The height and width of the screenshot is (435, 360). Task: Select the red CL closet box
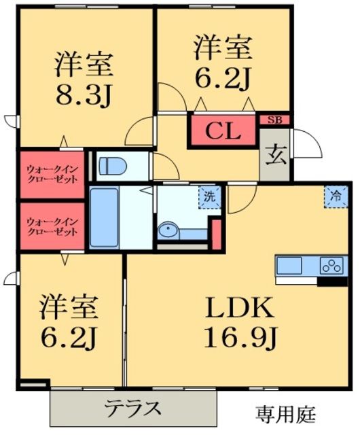[x=223, y=130]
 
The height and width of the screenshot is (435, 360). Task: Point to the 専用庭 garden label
[x=285, y=413]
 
